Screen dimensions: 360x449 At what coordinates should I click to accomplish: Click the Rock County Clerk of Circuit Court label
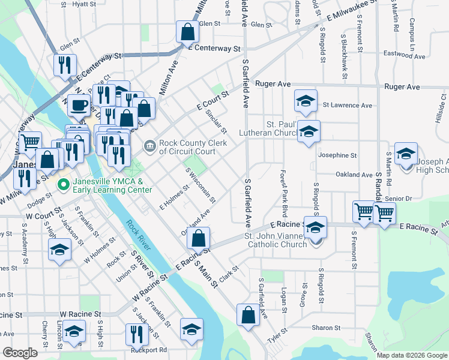(188, 147)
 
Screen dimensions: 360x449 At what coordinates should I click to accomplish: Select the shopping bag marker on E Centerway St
(187, 31)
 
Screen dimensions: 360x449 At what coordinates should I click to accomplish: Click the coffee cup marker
(78, 106)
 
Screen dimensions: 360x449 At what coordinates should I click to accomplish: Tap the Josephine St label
(337, 155)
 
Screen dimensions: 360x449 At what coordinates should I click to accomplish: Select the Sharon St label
(327, 328)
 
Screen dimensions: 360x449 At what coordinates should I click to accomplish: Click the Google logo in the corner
(20, 353)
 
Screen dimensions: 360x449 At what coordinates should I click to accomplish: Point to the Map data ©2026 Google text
(411, 355)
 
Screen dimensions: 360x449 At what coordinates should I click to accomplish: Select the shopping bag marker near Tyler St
(248, 314)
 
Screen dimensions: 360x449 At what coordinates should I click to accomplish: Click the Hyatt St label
(84, 4)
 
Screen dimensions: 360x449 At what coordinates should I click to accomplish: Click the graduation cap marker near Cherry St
(73, 333)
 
